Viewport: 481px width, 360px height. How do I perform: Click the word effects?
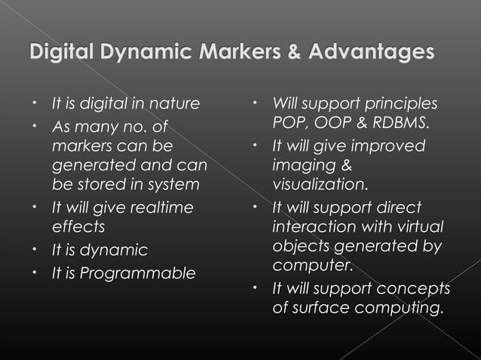pyautogui.click(x=78, y=227)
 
